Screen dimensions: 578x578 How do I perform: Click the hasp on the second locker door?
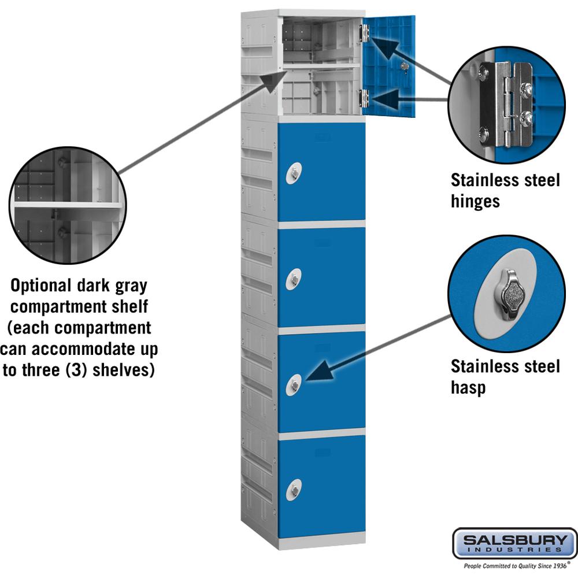click(x=294, y=173)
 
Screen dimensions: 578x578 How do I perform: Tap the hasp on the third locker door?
click(x=294, y=280)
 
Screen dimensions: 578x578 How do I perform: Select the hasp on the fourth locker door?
click(x=294, y=384)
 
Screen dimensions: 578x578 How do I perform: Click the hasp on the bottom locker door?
click(x=294, y=490)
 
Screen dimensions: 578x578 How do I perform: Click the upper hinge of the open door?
click(x=364, y=32)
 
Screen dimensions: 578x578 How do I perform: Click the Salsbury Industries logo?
click(x=514, y=543)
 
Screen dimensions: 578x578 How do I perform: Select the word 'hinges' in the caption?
click(x=475, y=201)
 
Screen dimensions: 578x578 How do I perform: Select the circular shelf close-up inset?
click(x=66, y=206)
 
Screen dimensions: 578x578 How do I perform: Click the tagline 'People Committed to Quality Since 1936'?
click(x=513, y=567)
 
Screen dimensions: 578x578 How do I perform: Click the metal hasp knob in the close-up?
click(x=512, y=294)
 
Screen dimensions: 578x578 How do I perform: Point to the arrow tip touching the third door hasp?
click(x=307, y=379)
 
